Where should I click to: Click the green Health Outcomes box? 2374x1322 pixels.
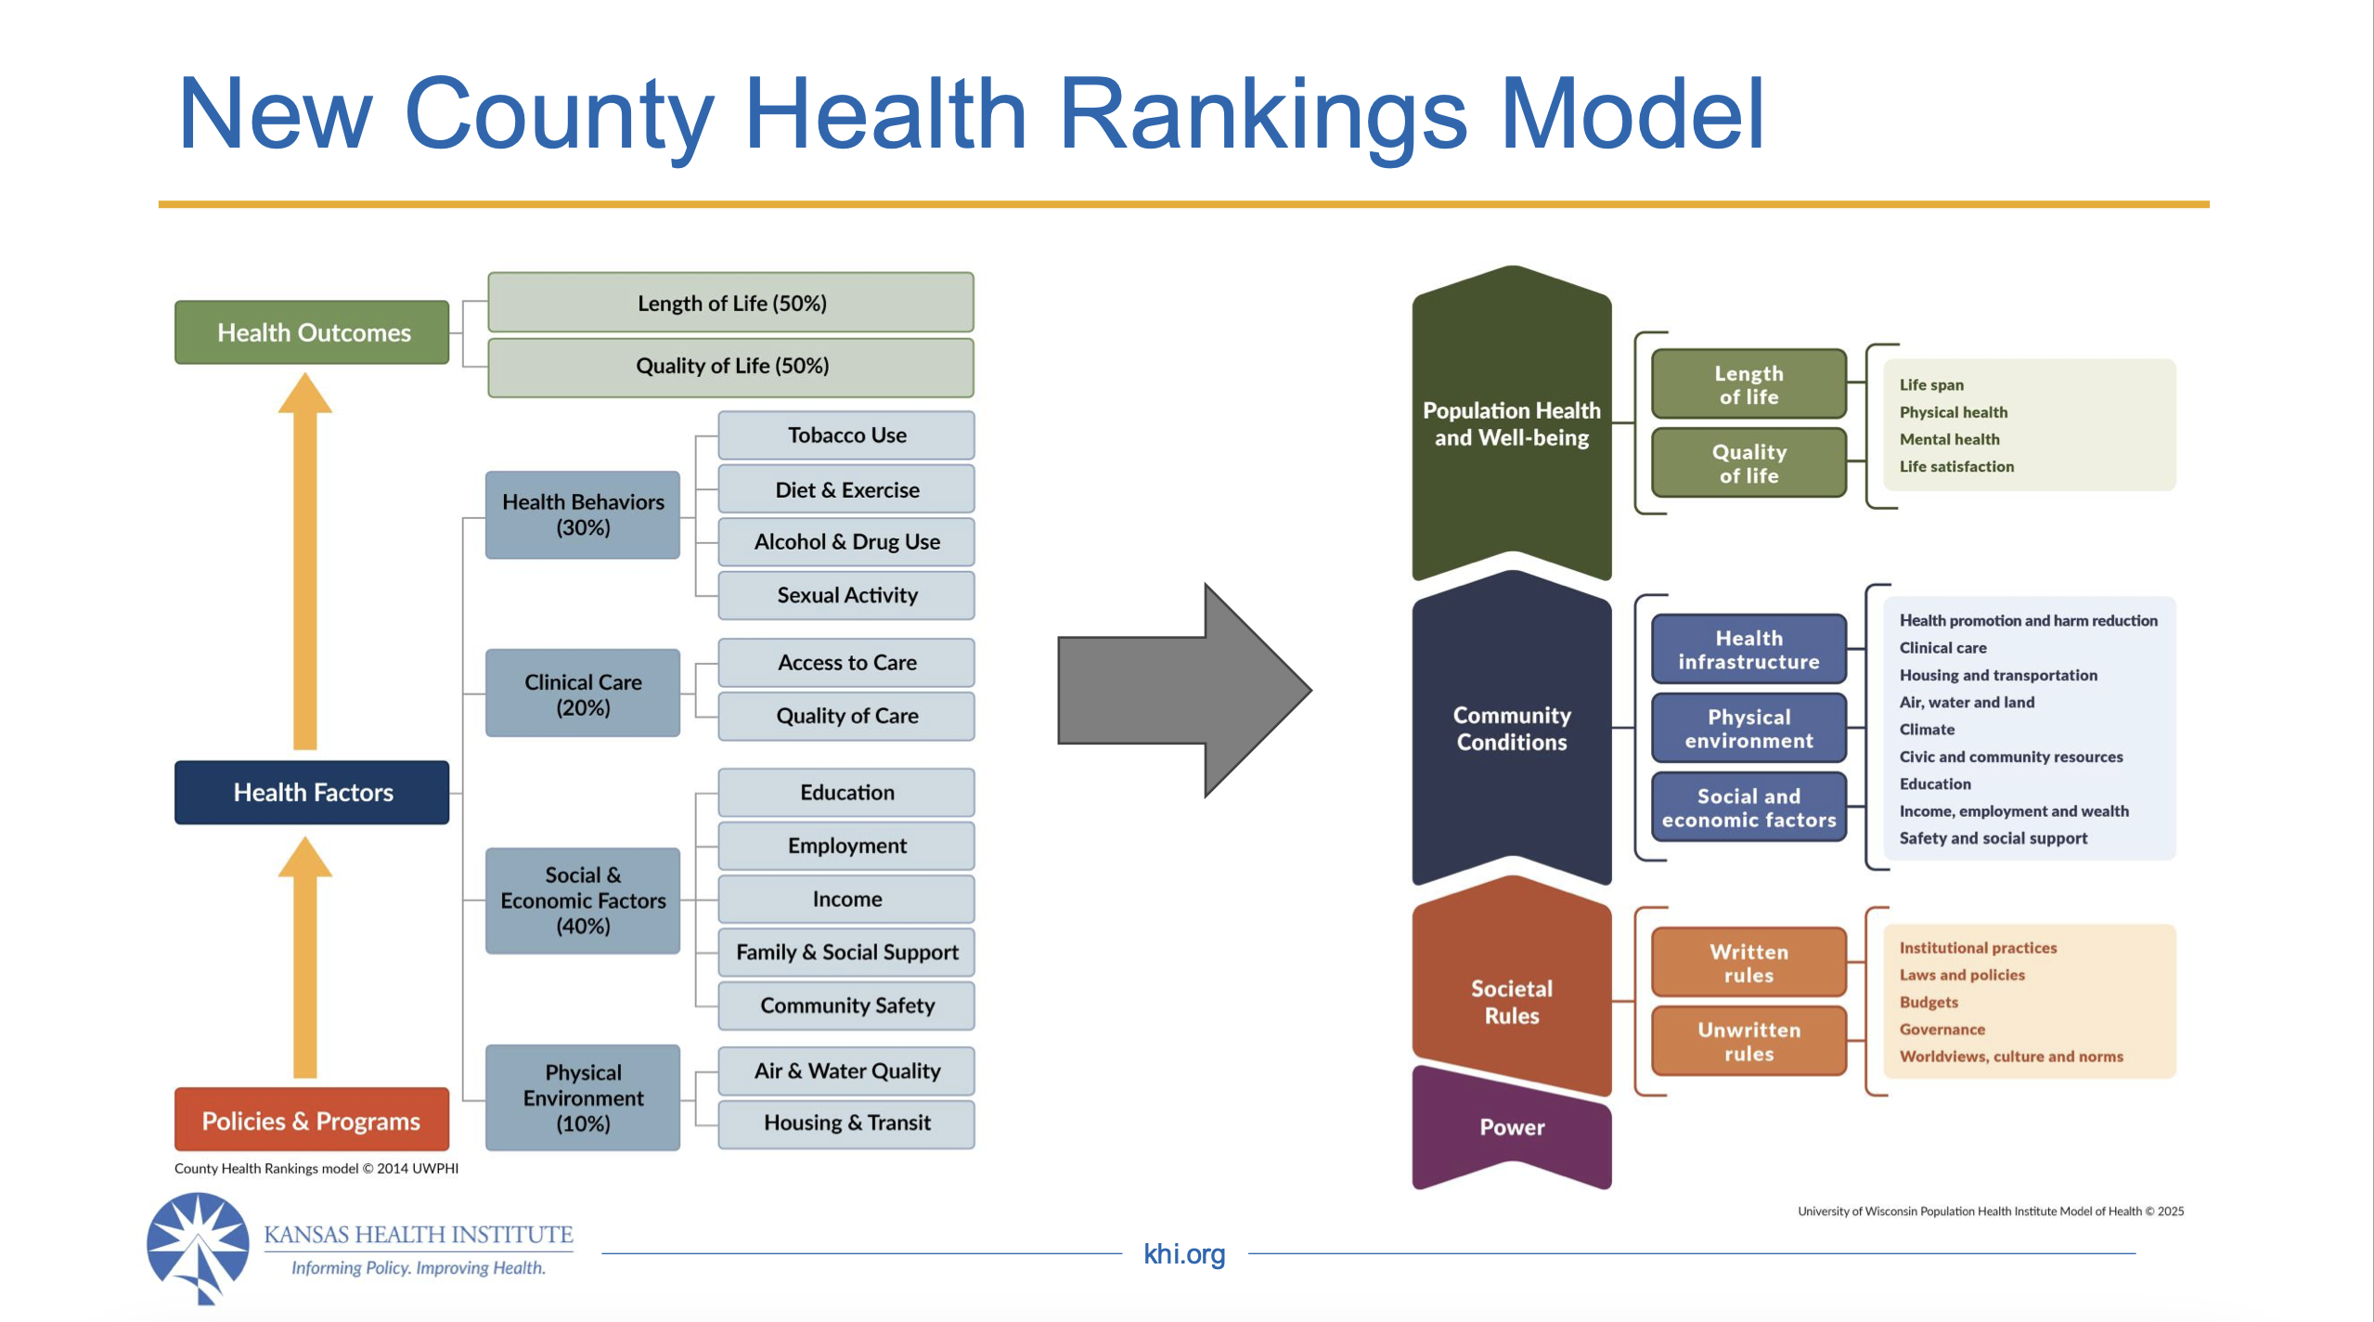point(312,332)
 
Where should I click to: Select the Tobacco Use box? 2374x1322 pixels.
point(846,435)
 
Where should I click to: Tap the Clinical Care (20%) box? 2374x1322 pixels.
point(583,693)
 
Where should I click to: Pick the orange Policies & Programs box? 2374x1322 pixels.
point(312,1121)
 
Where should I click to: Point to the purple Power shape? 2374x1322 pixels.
point(1511,1127)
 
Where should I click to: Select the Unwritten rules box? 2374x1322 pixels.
point(1748,1042)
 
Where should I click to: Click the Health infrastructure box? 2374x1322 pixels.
point(1748,649)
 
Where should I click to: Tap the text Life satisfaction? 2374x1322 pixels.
point(1956,466)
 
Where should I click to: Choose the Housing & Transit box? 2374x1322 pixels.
point(846,1122)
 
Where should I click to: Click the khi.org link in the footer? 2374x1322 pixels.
point(1184,1254)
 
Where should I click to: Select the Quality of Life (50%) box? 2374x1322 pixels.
point(731,366)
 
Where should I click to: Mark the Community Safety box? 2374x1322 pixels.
point(846,1005)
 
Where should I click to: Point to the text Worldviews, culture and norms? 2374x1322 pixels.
point(2010,1056)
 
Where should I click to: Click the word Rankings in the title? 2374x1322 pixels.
point(1262,115)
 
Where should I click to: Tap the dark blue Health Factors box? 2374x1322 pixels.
point(312,792)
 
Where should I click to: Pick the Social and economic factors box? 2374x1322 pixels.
point(1748,808)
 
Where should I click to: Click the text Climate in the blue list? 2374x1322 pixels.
point(1927,730)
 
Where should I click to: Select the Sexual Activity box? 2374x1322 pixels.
point(846,595)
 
